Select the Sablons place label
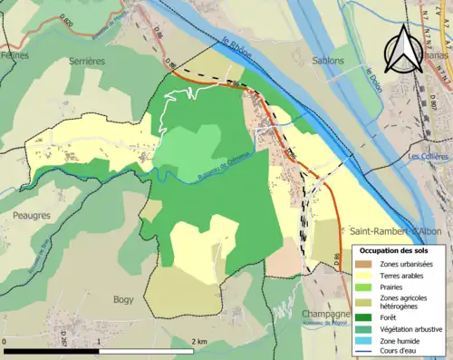327,61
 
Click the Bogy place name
122,298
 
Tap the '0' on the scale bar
6,340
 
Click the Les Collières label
429,156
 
